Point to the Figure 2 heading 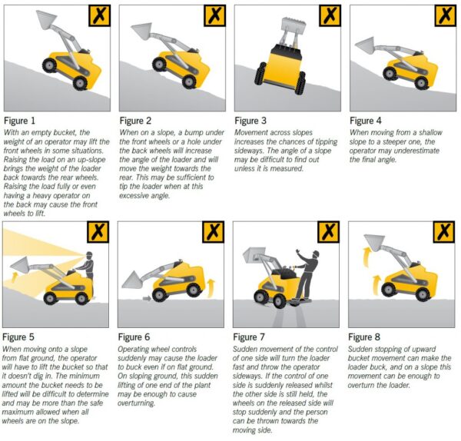pyautogui.click(x=138, y=121)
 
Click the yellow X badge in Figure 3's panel pyautogui.click(x=329, y=15)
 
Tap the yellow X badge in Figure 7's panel pyautogui.click(x=329, y=232)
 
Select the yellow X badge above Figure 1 pyautogui.click(x=98, y=15)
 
